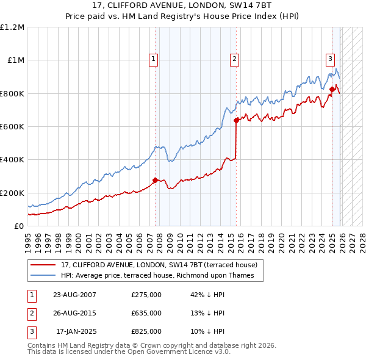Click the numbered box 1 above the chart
click(152, 59)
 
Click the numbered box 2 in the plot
click(234, 59)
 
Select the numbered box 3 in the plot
click(330, 59)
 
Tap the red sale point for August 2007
click(155, 180)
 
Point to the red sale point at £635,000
click(236, 121)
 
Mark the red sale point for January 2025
click(332, 90)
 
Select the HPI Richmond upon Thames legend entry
click(161, 276)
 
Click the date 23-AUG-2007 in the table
click(74, 295)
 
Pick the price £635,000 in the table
click(146, 313)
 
